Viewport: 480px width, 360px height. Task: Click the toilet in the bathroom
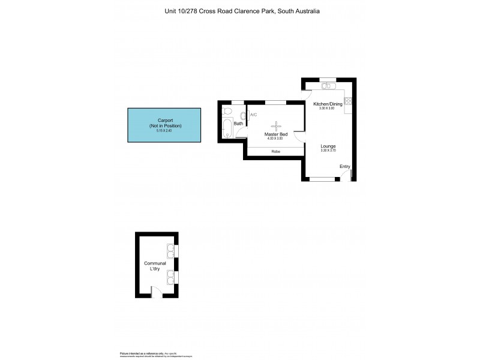(227, 111)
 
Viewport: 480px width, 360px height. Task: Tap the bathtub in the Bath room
(227, 127)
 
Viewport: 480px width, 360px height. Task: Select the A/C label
(253, 115)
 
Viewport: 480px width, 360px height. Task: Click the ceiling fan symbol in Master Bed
(276, 125)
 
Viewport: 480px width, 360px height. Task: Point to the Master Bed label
(275, 134)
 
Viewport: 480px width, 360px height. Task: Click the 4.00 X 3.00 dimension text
(275, 139)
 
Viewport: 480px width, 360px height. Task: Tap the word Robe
(275, 151)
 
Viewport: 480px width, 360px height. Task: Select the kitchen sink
(327, 86)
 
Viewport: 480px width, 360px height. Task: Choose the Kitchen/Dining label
(328, 104)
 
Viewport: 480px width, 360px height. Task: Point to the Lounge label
(328, 146)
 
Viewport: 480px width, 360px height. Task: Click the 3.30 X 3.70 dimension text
(328, 151)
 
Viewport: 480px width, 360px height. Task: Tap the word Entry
(344, 166)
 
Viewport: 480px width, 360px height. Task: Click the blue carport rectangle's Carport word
(164, 120)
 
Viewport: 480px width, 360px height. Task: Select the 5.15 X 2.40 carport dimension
(164, 130)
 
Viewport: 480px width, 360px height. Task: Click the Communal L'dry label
(155, 266)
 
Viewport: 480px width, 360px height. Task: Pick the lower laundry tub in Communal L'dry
(170, 277)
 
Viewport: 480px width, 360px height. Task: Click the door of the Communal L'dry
(156, 292)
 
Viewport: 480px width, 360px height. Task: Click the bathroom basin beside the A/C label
(243, 115)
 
